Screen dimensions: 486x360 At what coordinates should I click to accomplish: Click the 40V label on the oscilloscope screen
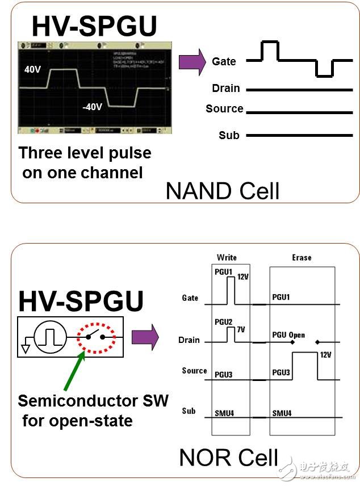click(x=32, y=69)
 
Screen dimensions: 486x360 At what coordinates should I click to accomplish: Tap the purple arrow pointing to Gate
click(x=190, y=61)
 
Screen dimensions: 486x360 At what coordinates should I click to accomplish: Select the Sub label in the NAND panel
click(x=229, y=135)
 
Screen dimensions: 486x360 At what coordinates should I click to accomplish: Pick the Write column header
click(x=227, y=257)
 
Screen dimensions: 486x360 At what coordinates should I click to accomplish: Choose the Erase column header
click(x=302, y=257)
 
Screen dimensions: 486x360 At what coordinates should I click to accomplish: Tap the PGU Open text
click(x=288, y=335)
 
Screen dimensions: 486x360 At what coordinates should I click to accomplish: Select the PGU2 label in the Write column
click(x=224, y=322)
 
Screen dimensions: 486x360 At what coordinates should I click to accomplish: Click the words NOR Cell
click(x=229, y=458)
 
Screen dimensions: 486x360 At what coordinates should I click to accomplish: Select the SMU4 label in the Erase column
click(x=282, y=413)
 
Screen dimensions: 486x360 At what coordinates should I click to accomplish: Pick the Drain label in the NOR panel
click(x=189, y=340)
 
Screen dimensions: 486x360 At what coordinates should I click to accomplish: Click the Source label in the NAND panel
click(x=224, y=108)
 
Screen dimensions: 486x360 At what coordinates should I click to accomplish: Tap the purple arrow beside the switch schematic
click(x=144, y=338)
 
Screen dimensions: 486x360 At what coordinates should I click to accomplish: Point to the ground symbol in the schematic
click(x=26, y=347)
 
